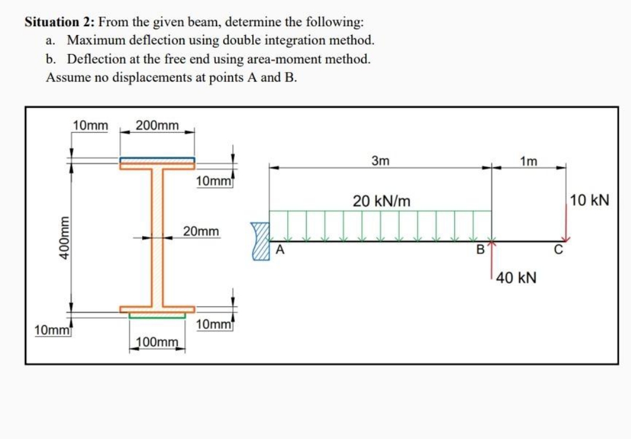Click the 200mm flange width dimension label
click(157, 126)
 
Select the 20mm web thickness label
click(200, 231)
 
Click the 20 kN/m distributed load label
click(381, 200)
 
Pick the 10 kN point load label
click(589, 200)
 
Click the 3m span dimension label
click(380, 161)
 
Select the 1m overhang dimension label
click(528, 161)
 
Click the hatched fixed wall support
click(260, 242)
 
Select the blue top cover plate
click(157, 159)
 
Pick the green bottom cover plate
click(157, 316)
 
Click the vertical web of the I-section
click(157, 238)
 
